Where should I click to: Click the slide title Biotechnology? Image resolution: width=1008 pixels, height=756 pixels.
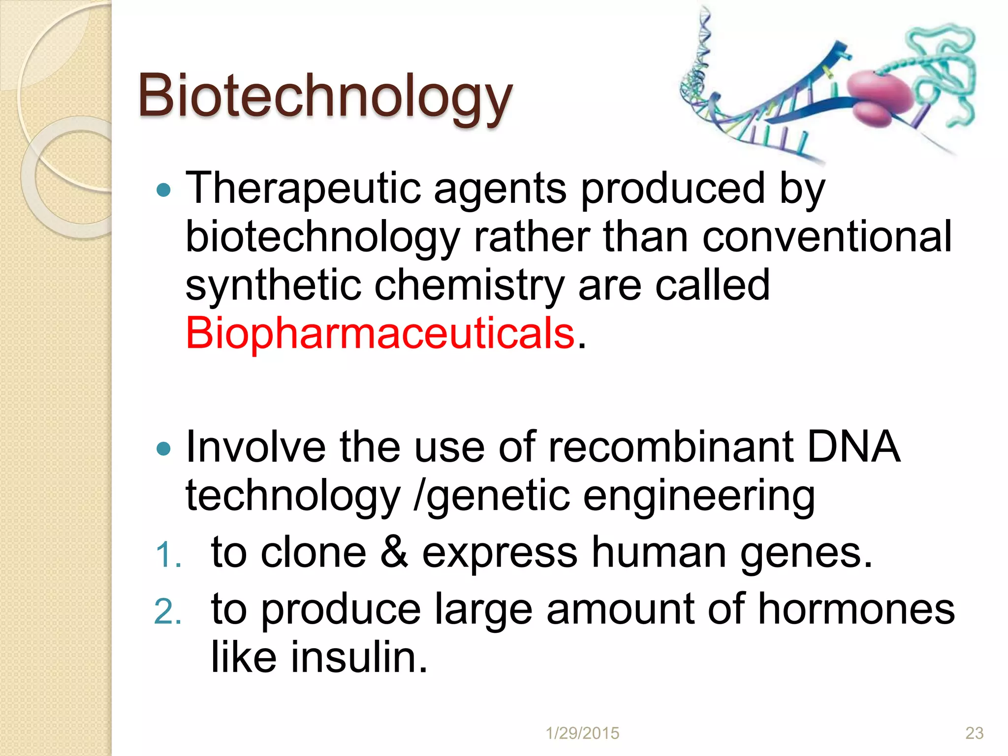[325, 96]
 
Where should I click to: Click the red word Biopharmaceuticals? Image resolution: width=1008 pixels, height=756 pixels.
[380, 334]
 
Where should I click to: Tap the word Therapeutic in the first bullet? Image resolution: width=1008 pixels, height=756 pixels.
[303, 189]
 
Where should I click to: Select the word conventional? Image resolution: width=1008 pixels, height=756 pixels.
[827, 237]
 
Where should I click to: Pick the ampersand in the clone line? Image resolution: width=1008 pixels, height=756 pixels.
[394, 553]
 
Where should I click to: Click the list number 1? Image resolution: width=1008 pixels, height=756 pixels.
[167, 555]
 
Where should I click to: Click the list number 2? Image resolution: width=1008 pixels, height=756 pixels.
[167, 612]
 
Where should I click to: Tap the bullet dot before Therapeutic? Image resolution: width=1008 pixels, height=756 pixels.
[163, 190]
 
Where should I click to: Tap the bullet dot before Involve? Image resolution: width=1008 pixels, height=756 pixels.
[163, 448]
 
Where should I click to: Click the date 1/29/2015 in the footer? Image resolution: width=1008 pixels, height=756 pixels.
[582, 733]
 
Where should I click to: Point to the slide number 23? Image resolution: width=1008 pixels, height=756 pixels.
[974, 733]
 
